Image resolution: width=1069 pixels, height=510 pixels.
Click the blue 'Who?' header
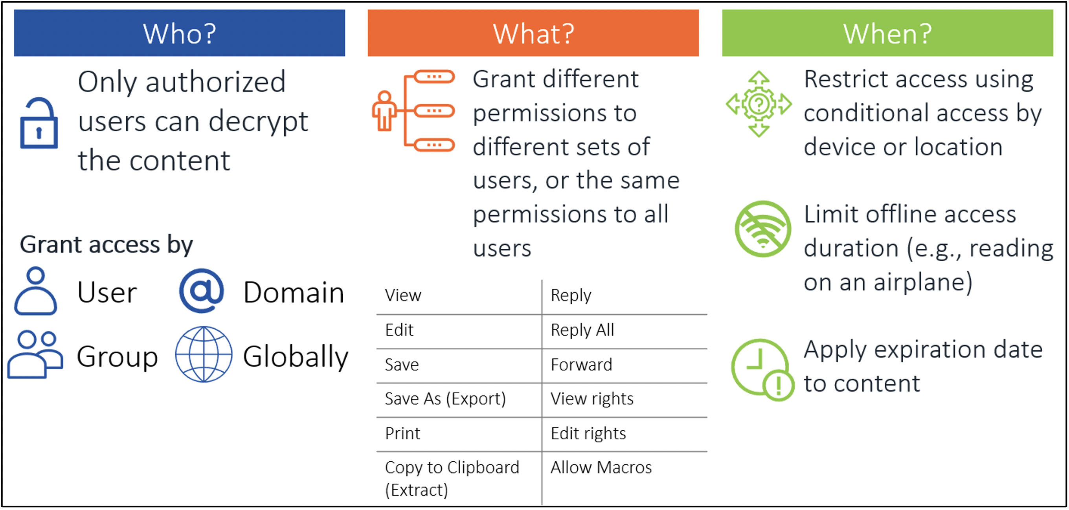click(179, 33)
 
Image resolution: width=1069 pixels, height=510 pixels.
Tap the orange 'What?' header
click(533, 33)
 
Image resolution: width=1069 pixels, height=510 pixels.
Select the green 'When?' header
click(888, 33)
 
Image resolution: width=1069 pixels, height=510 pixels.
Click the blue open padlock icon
click(39, 123)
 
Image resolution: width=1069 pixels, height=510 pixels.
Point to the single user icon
click(36, 291)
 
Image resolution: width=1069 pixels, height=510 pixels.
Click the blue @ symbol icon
click(202, 291)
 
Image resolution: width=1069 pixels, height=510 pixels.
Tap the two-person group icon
click(36, 355)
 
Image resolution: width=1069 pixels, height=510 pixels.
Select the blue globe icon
click(203, 354)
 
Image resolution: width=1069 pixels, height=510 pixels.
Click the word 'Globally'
click(296, 357)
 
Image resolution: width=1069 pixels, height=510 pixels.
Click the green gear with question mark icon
click(759, 104)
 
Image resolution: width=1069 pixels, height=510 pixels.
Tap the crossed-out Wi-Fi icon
click(763, 229)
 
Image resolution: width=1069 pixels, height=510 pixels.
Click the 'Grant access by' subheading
click(106, 244)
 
